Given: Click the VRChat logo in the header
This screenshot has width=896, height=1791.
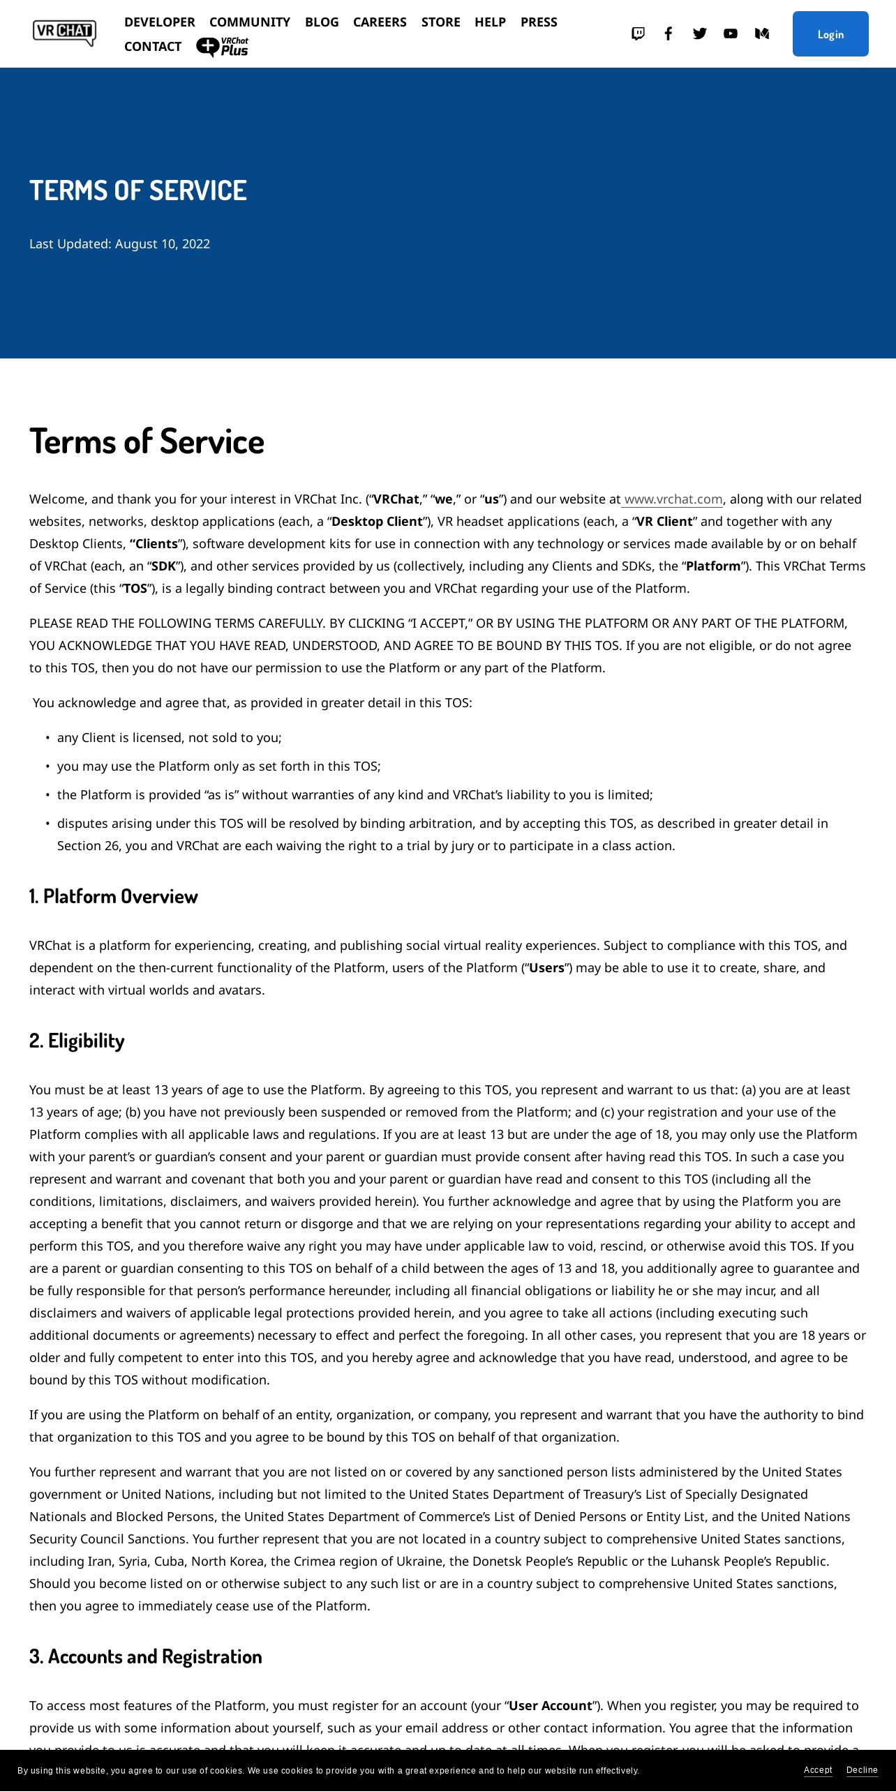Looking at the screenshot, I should pyautogui.click(x=64, y=33).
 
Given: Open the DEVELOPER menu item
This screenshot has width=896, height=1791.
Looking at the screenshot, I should pyautogui.click(x=159, y=22).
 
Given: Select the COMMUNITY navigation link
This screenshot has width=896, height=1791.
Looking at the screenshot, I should pyautogui.click(x=250, y=22).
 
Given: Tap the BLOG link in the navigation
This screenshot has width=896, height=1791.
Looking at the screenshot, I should pyautogui.click(x=322, y=22).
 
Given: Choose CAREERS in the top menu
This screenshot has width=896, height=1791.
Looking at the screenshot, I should pyautogui.click(x=380, y=22).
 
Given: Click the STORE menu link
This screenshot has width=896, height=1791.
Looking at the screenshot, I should pyautogui.click(x=440, y=22).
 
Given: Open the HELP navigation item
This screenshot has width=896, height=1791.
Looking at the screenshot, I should pyautogui.click(x=490, y=22).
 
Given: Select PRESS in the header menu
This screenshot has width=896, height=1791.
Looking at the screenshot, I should pyautogui.click(x=539, y=22).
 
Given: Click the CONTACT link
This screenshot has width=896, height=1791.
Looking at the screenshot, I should pyautogui.click(x=153, y=47).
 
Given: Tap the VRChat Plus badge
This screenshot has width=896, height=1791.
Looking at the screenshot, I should pyautogui.click(x=223, y=47).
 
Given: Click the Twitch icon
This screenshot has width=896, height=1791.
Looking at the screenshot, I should pyautogui.click(x=638, y=33).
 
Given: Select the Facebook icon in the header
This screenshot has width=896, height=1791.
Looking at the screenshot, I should pyautogui.click(x=669, y=33).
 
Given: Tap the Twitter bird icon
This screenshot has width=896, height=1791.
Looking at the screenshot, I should pyautogui.click(x=700, y=33).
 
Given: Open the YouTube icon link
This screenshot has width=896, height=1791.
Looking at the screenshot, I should pyautogui.click(x=731, y=33).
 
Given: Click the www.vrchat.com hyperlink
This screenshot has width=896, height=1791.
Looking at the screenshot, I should pyautogui.click(x=673, y=499).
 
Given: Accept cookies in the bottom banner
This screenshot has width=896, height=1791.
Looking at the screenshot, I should pyautogui.click(x=818, y=1770).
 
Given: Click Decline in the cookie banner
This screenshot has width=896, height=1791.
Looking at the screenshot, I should pyautogui.click(x=862, y=1770).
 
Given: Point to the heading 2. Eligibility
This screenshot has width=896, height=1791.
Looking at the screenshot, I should pyautogui.click(x=77, y=1041).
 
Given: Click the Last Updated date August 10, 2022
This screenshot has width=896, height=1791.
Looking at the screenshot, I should pyautogui.click(x=162, y=244).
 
